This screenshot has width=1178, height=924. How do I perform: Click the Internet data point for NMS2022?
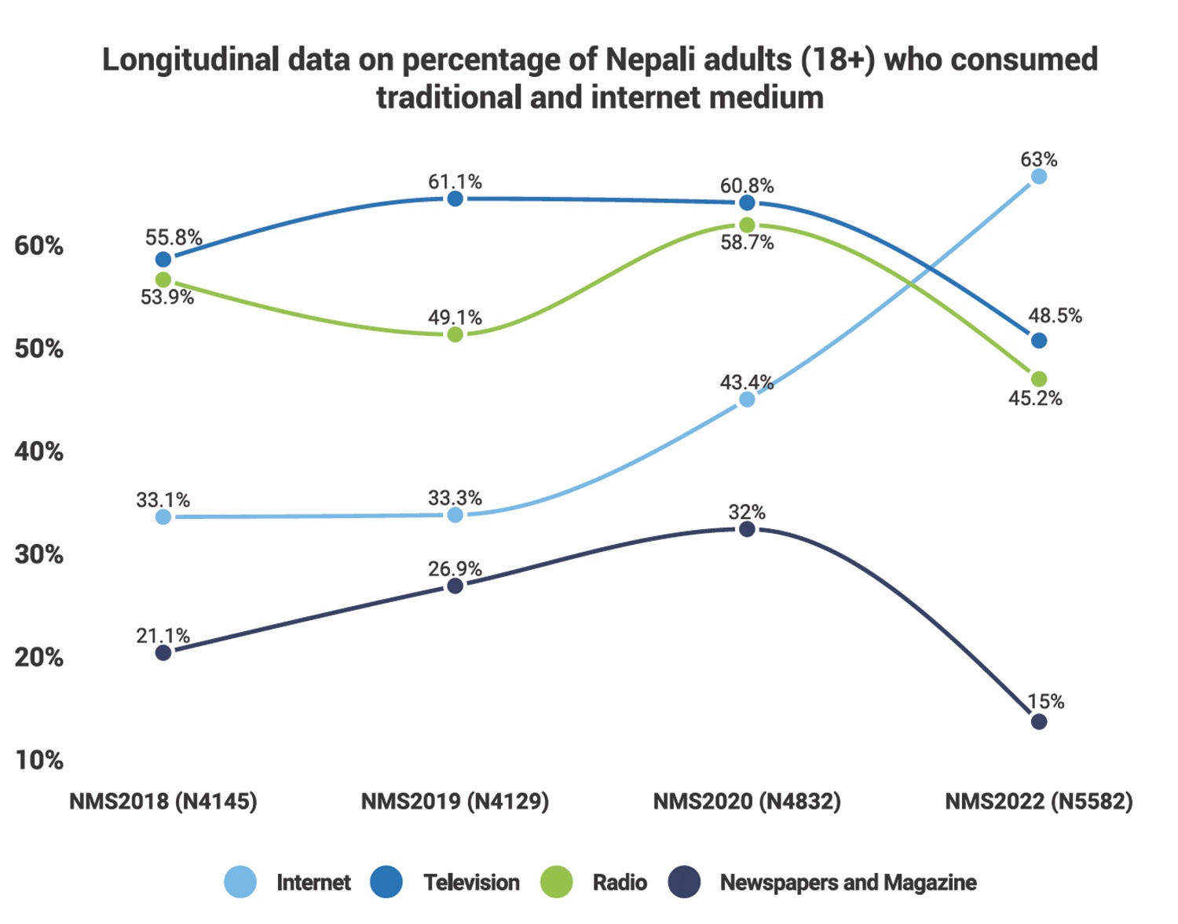coord(1038,177)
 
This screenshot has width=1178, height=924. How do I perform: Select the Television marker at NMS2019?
coord(455,199)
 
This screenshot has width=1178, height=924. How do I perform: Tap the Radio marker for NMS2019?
coord(455,335)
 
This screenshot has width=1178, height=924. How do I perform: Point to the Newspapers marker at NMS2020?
coord(747,529)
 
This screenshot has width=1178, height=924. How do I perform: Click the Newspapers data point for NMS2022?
coord(1038,721)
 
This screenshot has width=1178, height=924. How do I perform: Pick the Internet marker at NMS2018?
coord(163,517)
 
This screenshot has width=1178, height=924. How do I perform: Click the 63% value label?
coord(1038,159)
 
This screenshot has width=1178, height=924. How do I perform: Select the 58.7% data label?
coord(747,243)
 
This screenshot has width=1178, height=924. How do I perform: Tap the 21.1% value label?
coord(163,636)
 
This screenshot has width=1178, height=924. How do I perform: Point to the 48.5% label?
coord(1055,316)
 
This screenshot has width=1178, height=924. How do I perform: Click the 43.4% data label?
coord(747,382)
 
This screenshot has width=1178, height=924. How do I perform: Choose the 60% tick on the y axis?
coord(38,246)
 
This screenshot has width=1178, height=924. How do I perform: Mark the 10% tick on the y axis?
coord(38,760)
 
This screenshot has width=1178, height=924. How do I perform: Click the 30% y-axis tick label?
coord(38,554)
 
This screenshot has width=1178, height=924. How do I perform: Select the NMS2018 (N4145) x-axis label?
coord(163,802)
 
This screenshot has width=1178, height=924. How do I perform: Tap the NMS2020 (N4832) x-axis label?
coord(747,802)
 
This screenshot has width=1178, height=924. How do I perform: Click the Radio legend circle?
coord(556,882)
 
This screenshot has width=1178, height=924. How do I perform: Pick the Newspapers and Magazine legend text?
coord(848,882)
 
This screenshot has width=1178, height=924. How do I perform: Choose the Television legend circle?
coord(386,882)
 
